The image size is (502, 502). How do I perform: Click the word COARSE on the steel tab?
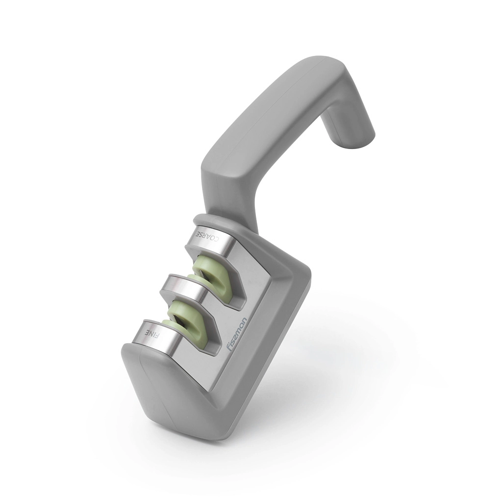pyautogui.click(x=207, y=238)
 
